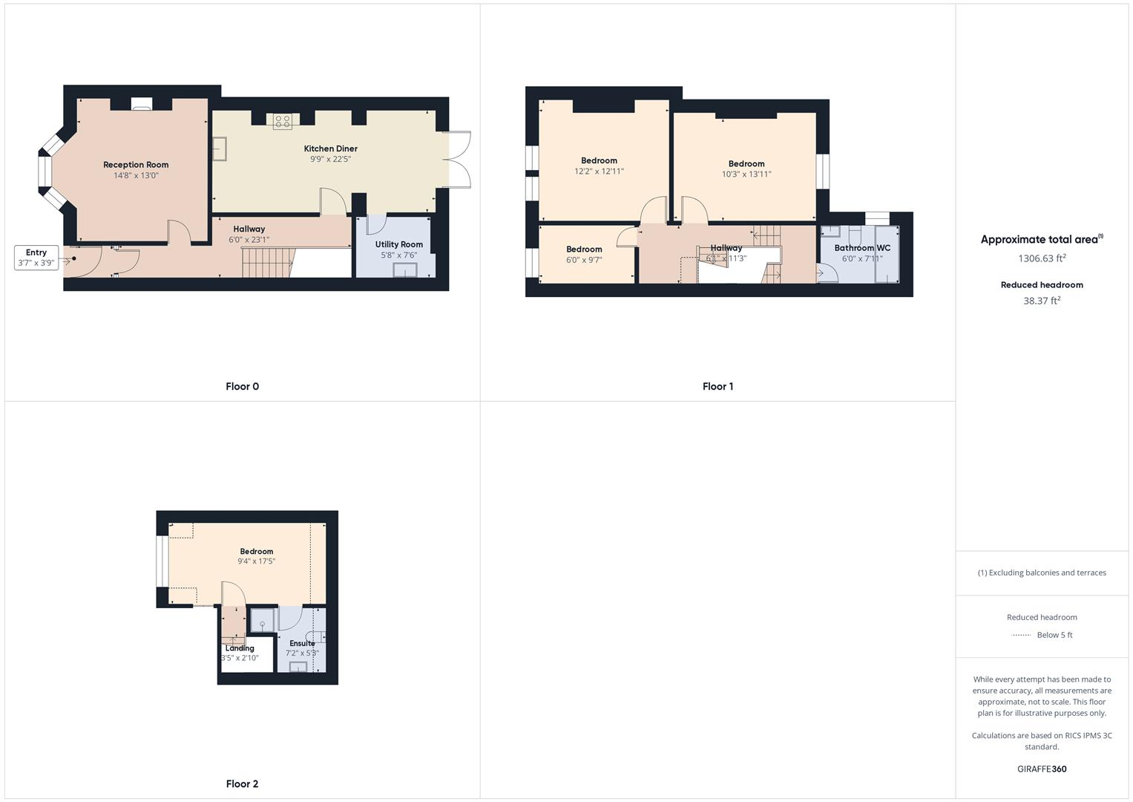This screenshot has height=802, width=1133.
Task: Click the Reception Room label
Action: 136,165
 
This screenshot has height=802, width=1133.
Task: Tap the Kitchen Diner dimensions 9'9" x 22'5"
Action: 330,159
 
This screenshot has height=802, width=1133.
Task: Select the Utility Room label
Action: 399,244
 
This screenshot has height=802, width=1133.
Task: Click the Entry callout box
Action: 36,258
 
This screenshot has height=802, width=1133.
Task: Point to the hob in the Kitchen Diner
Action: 283,121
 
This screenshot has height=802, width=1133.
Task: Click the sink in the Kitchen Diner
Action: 219,149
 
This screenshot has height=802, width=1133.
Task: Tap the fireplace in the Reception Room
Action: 142,104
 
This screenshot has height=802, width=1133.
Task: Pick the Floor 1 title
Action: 717,386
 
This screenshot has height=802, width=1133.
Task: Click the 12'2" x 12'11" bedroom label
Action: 599,160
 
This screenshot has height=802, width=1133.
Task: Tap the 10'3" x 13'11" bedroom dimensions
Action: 746,175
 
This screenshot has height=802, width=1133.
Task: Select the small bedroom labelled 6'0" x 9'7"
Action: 584,255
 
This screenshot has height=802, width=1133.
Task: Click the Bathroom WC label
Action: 862,248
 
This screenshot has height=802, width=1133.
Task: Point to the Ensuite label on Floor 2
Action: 302,643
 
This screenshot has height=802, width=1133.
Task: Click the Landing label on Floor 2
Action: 240,648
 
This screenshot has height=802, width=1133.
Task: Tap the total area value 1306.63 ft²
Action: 1042,258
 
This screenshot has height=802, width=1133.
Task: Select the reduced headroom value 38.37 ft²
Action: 1042,301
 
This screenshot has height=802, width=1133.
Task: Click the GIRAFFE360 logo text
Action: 1042,769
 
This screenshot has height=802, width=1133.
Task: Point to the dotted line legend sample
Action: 1022,635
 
